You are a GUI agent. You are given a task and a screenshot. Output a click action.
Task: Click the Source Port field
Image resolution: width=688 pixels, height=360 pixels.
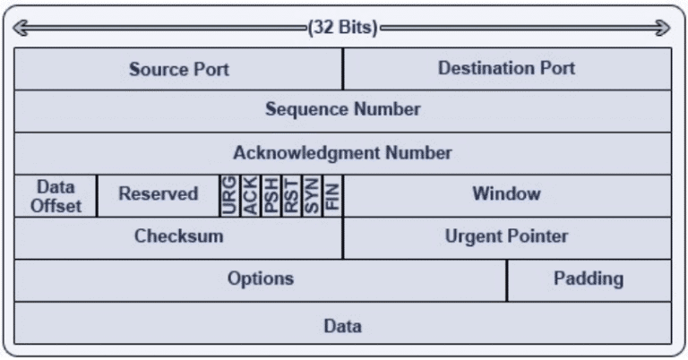(178, 69)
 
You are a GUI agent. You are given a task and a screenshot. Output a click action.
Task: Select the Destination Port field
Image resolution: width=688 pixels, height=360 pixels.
(507, 69)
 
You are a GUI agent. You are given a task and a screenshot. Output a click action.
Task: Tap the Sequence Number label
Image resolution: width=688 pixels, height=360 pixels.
(343, 109)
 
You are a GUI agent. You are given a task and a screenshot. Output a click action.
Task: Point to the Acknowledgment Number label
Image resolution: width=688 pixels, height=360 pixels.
(343, 152)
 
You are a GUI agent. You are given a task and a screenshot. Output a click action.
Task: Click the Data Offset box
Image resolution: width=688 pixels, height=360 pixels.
(56, 196)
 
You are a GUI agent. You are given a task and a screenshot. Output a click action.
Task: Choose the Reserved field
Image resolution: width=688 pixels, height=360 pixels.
(159, 196)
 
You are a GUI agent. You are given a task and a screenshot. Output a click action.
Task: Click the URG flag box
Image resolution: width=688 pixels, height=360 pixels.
(229, 196)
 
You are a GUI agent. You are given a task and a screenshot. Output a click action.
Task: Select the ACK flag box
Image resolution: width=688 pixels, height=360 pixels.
(250, 196)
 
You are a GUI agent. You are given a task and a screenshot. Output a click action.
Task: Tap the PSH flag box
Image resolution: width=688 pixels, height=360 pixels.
(271, 196)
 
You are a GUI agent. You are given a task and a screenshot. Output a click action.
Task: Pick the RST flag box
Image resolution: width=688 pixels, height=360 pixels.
(291, 196)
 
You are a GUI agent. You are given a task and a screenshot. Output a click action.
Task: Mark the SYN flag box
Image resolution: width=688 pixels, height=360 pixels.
(312, 196)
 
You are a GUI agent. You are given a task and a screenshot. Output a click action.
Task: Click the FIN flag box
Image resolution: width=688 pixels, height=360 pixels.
(332, 196)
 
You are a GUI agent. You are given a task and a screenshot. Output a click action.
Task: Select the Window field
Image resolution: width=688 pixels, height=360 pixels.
(507, 196)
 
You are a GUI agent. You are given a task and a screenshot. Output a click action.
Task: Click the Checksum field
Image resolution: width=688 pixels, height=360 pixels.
(178, 238)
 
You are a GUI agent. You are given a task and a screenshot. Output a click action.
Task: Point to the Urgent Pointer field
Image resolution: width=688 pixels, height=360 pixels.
(507, 238)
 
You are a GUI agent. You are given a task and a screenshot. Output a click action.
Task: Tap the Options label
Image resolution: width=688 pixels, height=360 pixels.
(261, 279)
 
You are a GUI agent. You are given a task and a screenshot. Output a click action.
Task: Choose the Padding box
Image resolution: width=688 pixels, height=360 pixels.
(589, 280)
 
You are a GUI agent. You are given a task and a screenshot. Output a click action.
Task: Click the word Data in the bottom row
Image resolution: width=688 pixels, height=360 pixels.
(343, 326)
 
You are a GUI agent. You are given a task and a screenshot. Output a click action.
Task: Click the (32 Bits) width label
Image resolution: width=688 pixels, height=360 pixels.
(343, 28)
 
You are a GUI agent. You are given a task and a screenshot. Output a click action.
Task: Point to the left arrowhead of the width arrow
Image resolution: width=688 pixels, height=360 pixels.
(21, 28)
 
